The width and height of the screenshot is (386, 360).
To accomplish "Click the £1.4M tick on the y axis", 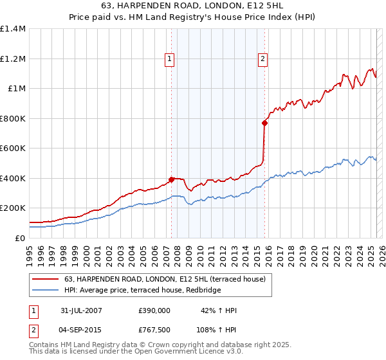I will pyautogui.click(x=13, y=29).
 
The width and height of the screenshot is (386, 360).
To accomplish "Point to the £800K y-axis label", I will pyautogui.click(x=13, y=118).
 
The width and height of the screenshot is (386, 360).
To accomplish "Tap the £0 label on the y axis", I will pyautogui.click(x=20, y=238).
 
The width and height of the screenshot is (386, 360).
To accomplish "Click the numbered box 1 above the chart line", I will pyautogui.click(x=170, y=59).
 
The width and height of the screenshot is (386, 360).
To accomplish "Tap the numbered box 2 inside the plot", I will pyautogui.click(x=263, y=59).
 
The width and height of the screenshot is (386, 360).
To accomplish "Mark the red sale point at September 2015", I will pyautogui.click(x=264, y=123).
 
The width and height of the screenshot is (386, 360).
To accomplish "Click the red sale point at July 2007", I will pyautogui.click(x=172, y=179).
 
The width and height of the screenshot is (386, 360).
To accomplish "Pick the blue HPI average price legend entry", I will pyautogui.click(x=142, y=291).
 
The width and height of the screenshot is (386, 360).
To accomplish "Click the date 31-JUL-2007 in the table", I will pyautogui.click(x=81, y=310).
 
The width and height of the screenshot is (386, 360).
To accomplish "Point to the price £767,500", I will pyautogui.click(x=154, y=328).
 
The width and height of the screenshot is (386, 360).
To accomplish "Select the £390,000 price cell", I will pyautogui.click(x=154, y=310).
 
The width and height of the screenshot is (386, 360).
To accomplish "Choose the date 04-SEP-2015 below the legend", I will pyautogui.click(x=81, y=328).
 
